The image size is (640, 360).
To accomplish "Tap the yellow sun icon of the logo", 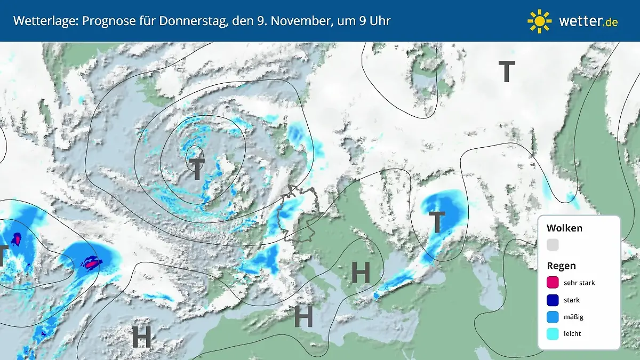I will point(539,21).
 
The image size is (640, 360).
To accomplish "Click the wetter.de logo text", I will point(588,21).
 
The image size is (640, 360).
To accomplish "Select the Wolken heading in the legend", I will point(564,228).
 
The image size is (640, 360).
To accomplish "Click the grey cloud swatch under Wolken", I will point(553,245).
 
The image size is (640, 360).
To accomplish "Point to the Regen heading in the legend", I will point(561,266).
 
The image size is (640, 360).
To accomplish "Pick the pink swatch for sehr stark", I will point(553,283).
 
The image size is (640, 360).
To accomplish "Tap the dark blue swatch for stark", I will point(553,300).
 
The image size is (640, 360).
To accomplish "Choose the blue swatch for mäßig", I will point(553,317).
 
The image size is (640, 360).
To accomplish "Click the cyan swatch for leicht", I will point(553,334).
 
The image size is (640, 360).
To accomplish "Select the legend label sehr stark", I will point(579,283).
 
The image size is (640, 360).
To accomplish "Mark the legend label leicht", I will point(572,334).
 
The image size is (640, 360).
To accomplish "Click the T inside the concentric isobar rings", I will point(197,169).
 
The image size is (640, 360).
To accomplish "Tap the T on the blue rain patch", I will point(437,222).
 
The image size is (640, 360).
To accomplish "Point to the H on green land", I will point(361,273).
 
